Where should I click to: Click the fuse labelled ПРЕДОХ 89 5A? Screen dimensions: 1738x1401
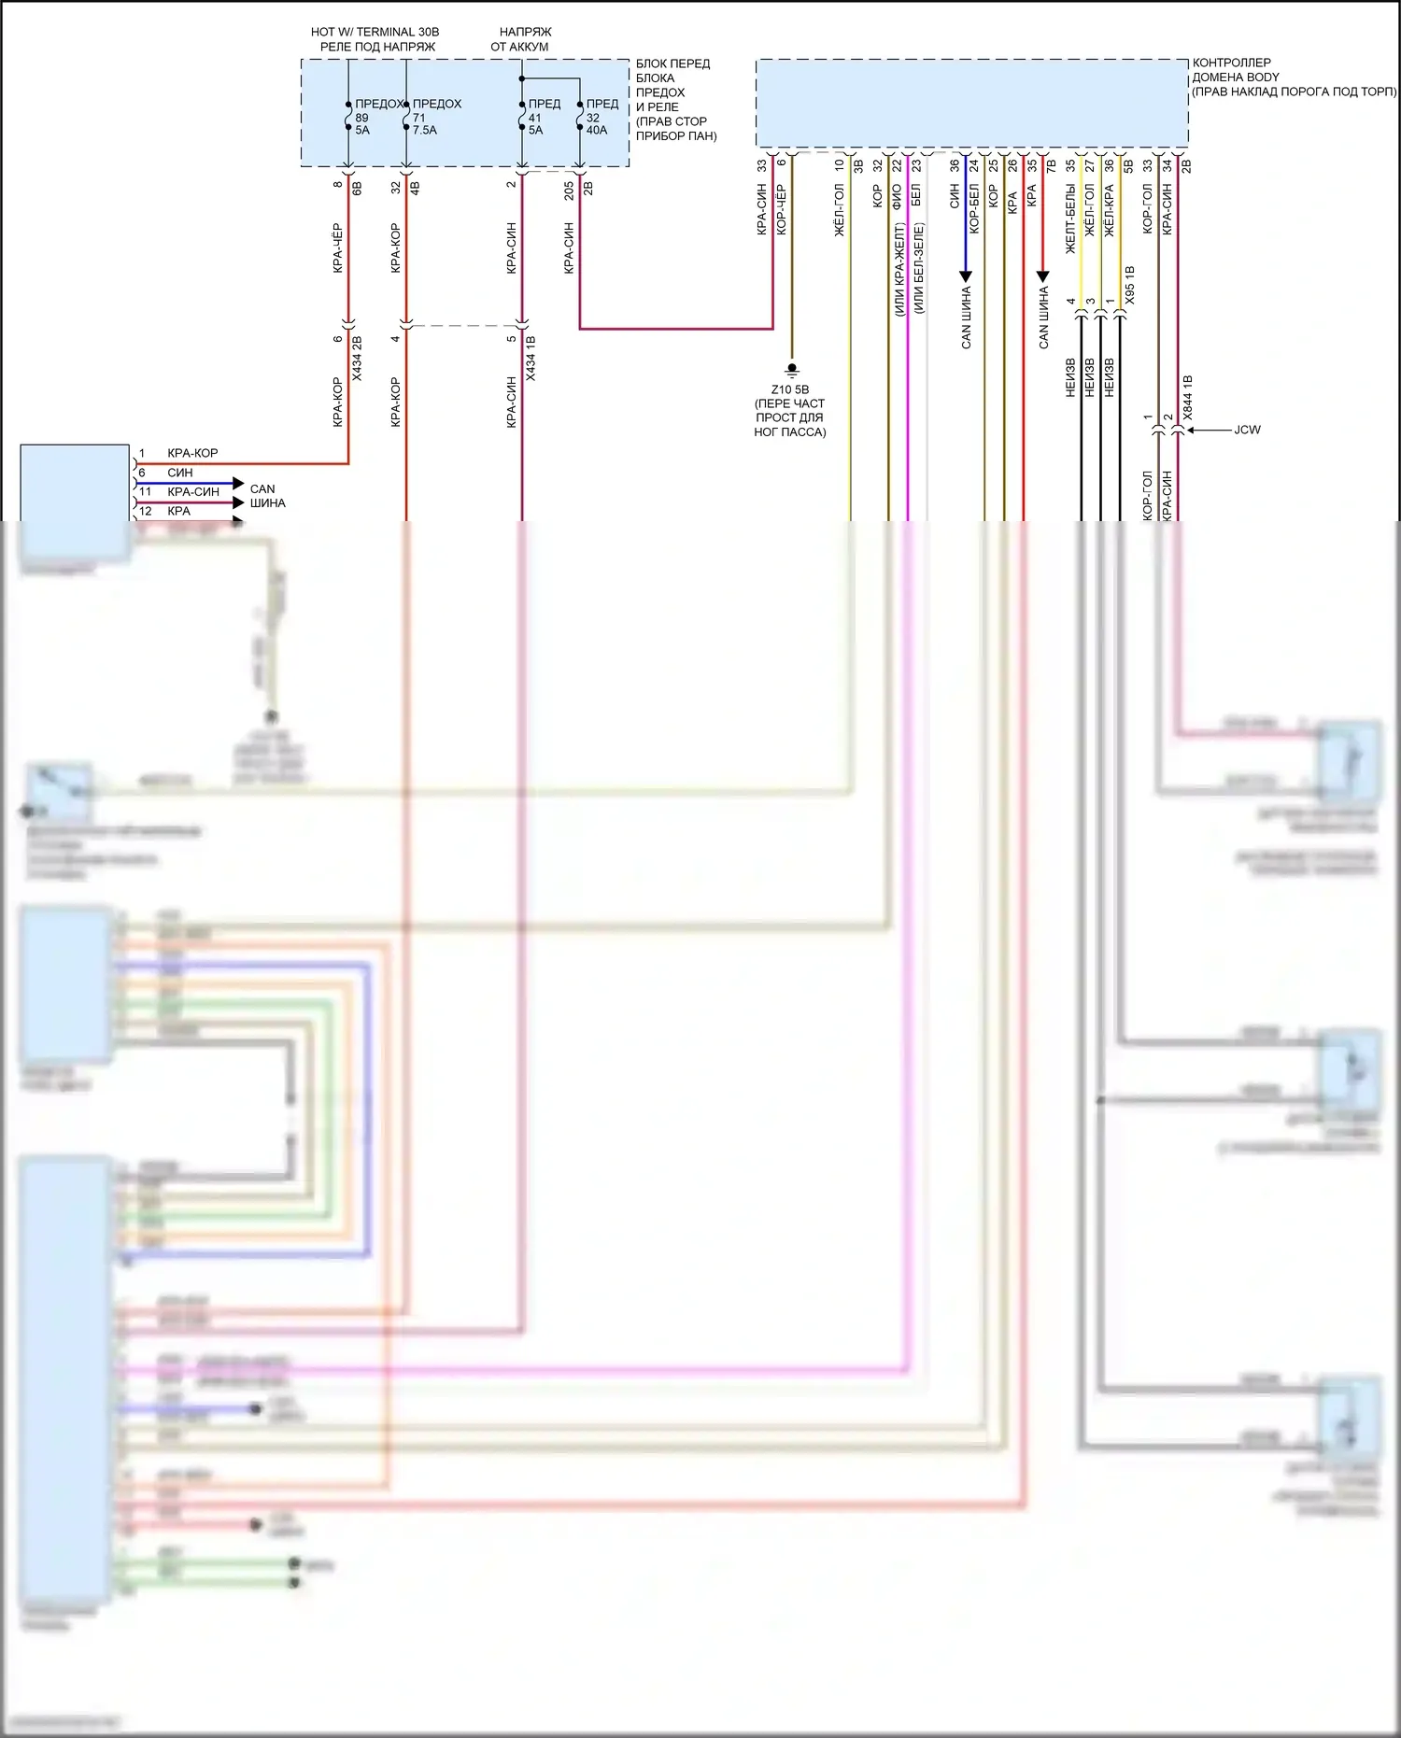348,116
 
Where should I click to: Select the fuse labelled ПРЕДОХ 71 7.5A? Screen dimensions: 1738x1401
406,116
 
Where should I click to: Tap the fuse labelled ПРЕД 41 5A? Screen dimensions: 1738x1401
522,116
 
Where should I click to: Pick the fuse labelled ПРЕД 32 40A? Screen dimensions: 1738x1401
580,116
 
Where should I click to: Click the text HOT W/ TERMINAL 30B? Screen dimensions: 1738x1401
375,32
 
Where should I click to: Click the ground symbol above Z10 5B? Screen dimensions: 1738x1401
792,370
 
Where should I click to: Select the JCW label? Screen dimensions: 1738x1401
1247,431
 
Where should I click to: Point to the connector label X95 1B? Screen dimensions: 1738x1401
1130,285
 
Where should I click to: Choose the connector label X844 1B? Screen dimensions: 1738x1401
1188,396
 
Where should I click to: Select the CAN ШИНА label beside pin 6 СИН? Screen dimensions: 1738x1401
267,496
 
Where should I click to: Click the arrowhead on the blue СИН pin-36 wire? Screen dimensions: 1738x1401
966,276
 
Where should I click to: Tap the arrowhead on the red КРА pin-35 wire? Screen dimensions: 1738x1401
1043,276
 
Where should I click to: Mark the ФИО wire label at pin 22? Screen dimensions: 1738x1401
897,195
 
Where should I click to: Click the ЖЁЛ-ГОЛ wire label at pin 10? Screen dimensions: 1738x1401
839,209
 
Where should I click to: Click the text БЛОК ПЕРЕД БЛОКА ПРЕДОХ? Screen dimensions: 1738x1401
672,78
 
